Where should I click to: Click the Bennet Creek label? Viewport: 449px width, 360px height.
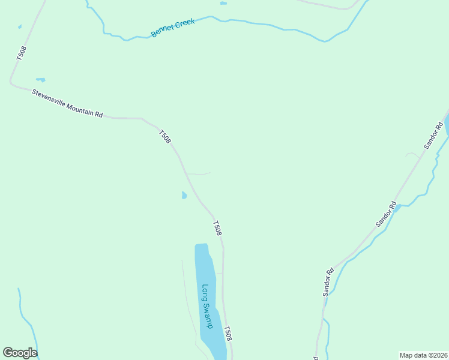pyautogui.click(x=173, y=28)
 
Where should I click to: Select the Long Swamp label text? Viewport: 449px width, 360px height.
pyautogui.click(x=207, y=306)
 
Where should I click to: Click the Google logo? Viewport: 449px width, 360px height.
pyautogui.click(x=20, y=353)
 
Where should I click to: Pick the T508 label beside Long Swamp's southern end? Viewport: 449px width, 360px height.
pyautogui.click(x=228, y=334)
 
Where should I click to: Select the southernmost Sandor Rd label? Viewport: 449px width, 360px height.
pyautogui.click(x=328, y=282)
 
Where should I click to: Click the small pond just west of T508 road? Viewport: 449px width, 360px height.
pyautogui.click(x=184, y=195)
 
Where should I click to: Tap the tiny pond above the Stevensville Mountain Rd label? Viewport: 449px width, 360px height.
pyautogui.click(x=41, y=79)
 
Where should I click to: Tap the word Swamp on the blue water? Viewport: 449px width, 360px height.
pyautogui.click(x=208, y=315)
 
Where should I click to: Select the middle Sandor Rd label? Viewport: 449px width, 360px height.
pyautogui.click(x=386, y=214)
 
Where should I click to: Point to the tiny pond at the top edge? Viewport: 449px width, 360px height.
pyautogui.click(x=223, y=3)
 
